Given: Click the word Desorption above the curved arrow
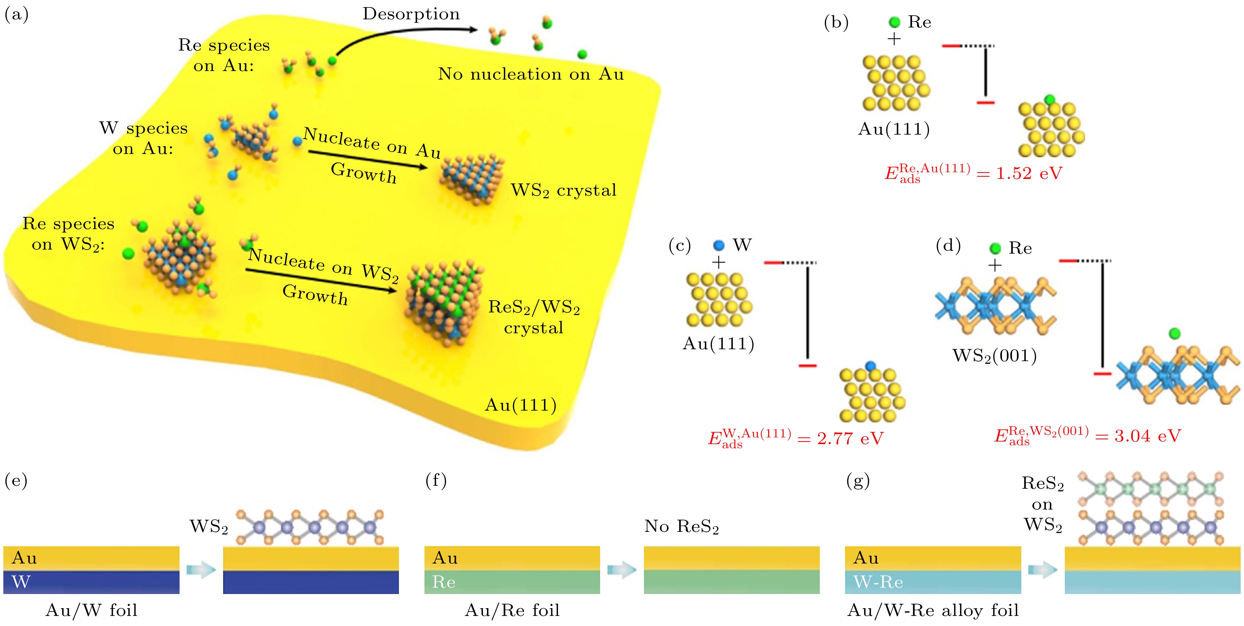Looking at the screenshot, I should coord(411,14).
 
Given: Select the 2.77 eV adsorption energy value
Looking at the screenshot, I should coord(850,439).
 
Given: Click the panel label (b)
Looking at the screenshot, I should coord(836,23).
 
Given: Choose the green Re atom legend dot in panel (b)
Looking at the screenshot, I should coord(895,22).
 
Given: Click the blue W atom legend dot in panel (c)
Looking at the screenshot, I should coord(719,245).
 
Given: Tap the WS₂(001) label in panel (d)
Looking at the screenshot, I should coord(994,356).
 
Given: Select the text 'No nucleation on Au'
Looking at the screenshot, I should coord(531,74).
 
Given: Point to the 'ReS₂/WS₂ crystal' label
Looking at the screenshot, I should coord(534,317).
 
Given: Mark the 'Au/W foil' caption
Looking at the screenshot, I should coord(91,610).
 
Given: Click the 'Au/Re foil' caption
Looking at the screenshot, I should coord(512,610).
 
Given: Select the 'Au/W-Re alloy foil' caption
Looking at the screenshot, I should coord(933,610).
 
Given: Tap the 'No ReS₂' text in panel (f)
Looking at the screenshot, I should coord(681,526).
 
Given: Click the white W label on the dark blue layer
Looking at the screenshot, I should coord(21,582).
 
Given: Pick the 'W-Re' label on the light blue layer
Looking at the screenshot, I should coord(878,582).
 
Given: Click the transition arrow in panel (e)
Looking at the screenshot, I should coord(201,570).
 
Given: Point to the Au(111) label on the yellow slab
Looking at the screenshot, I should coord(521,405).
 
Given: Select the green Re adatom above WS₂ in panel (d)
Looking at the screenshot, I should coord(1174,333).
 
